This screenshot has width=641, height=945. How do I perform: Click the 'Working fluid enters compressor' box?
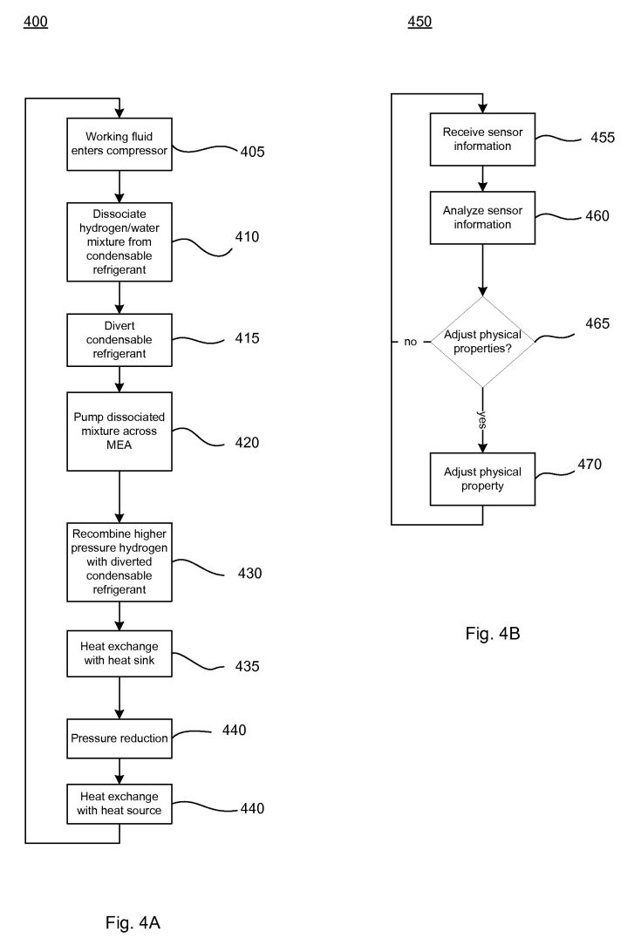(x=119, y=144)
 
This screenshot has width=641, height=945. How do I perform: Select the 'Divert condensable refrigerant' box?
(x=119, y=340)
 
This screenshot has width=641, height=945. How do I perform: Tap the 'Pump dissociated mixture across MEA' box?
(x=119, y=432)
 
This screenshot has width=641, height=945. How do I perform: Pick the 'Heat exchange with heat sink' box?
(x=119, y=653)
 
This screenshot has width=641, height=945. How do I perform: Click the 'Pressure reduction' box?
(x=119, y=738)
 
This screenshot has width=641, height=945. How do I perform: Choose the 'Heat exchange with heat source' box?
(x=119, y=804)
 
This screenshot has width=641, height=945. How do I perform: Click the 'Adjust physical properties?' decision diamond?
(x=482, y=342)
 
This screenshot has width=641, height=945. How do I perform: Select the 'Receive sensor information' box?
(x=482, y=139)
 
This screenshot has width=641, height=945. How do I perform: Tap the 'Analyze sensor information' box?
(x=482, y=218)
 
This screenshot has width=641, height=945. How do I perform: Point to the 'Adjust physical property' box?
(x=482, y=479)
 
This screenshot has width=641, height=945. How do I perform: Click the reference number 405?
(x=252, y=152)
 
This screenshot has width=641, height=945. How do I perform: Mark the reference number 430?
(x=249, y=573)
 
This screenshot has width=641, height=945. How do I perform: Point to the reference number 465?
(x=597, y=323)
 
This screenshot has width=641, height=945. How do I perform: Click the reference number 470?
(x=590, y=464)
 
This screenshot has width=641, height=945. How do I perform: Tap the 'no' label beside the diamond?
(x=411, y=342)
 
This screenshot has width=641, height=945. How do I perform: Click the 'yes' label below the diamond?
(x=481, y=419)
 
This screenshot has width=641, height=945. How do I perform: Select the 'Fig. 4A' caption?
(x=133, y=922)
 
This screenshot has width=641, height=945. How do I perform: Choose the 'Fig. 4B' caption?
(x=493, y=634)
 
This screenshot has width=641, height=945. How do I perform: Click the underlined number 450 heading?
(x=419, y=22)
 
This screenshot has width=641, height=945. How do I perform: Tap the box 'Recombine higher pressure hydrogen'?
(x=119, y=561)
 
